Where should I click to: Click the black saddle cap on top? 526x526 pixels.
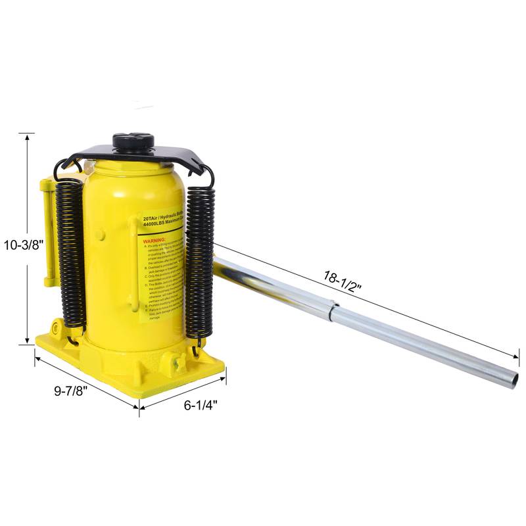(x=133, y=141)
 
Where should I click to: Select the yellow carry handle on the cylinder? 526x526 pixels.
(x=135, y=263)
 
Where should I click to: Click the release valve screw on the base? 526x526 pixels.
(x=176, y=361)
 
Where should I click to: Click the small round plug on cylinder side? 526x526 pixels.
(x=99, y=234)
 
